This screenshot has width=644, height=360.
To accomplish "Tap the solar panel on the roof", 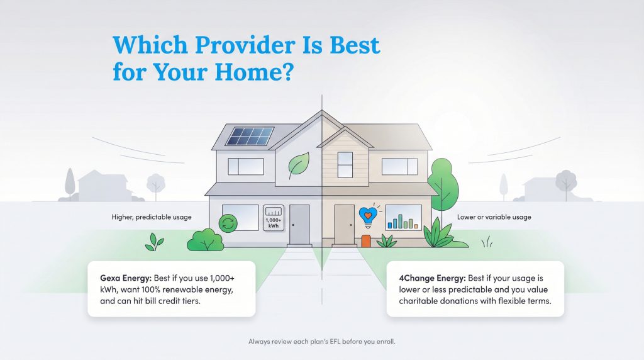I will (x=250, y=137).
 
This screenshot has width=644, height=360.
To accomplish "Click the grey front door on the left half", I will (x=299, y=223).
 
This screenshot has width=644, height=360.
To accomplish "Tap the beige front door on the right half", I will (x=344, y=223).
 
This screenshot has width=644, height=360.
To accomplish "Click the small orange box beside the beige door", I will (x=366, y=240).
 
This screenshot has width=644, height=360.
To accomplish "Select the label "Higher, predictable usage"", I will (x=152, y=217).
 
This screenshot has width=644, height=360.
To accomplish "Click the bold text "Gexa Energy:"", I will (x=123, y=278).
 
